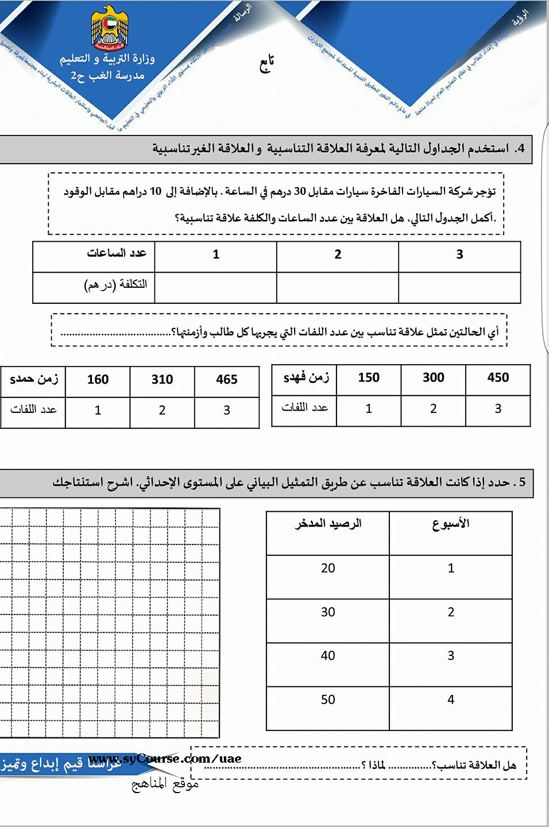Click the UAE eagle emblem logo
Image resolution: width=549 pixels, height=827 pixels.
pyautogui.click(x=110, y=28)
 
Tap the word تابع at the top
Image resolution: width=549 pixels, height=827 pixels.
pyautogui.click(x=265, y=64)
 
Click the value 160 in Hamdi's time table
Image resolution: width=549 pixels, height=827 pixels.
pyautogui.click(x=98, y=380)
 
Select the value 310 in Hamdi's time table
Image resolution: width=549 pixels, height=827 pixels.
pyautogui.click(x=162, y=380)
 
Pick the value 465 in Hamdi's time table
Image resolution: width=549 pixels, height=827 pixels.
pyautogui.click(x=227, y=380)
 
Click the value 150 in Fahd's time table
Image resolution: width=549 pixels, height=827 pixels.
pyautogui.click(x=369, y=378)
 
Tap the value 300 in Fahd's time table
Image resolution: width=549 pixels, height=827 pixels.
pyautogui.click(x=433, y=378)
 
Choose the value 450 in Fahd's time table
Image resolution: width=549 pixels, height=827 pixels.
pyautogui.click(x=498, y=378)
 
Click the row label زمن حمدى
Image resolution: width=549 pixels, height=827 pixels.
pyautogui.click(x=34, y=380)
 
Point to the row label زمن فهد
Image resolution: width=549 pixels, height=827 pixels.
pyautogui.click(x=306, y=378)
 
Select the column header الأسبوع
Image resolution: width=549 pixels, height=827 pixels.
pyautogui.click(x=451, y=524)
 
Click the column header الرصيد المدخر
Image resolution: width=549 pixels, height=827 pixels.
pyautogui.click(x=328, y=524)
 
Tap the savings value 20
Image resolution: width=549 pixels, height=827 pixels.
pyautogui.click(x=328, y=568)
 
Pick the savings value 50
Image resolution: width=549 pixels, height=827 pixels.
pyautogui.click(x=328, y=700)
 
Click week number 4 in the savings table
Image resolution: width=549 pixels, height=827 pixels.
pyautogui.click(x=451, y=700)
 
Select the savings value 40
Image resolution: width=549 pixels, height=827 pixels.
pyautogui.click(x=328, y=656)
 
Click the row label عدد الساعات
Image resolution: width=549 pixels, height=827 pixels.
pyautogui.click(x=117, y=253)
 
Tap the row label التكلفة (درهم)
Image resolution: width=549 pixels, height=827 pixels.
pyautogui.click(x=115, y=284)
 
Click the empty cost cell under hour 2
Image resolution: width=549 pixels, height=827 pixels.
pyautogui.click(x=338, y=287)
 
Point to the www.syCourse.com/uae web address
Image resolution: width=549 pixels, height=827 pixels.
pyautogui.click(x=165, y=759)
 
